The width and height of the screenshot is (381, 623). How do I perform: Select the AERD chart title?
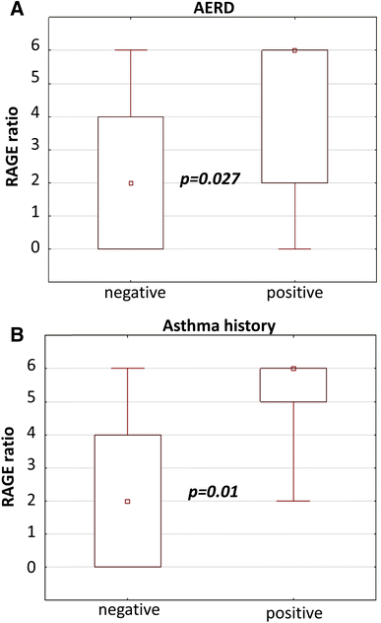point(211,10)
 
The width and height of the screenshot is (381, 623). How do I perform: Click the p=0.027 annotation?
point(210,178)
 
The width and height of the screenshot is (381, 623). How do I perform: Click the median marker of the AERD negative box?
point(131,182)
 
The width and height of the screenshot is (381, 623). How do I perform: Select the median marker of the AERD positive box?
point(294,50)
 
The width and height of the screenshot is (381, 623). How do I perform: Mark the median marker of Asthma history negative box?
point(128,501)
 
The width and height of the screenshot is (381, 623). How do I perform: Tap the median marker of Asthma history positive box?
point(294,368)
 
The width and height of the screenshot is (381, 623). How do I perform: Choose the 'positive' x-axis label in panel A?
point(293,293)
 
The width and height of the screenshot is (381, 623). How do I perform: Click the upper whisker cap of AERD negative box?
point(131,49)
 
